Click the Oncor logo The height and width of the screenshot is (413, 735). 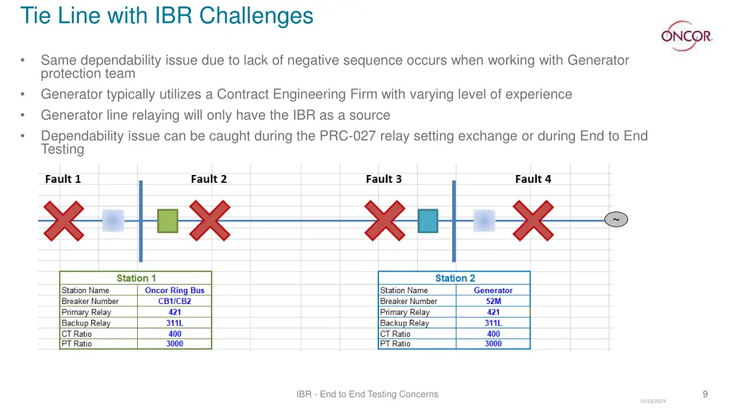[x=686, y=36]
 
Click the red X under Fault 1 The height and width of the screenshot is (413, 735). [x=64, y=220]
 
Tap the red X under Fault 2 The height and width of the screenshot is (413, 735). [x=210, y=220]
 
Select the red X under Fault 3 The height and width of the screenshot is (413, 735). [x=385, y=220]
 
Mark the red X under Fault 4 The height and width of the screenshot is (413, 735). [x=533, y=220]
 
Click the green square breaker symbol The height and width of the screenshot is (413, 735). [x=167, y=220]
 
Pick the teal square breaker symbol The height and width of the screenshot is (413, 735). [x=428, y=220]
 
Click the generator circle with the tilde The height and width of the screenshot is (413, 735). [x=615, y=219]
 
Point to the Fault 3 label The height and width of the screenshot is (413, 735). [x=383, y=179]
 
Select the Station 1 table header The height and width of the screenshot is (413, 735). [x=136, y=278]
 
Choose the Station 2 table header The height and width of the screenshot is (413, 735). [x=454, y=278]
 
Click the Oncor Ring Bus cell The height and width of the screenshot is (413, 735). [x=174, y=290]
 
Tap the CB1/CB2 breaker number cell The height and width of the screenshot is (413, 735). [x=174, y=301]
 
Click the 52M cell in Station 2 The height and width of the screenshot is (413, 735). [x=493, y=301]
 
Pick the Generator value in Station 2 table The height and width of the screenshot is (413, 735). [x=493, y=290]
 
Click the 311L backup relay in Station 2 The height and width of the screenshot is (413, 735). [x=493, y=323]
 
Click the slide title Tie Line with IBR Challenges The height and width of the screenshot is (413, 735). [x=167, y=15]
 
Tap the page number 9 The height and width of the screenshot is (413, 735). [x=705, y=394]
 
